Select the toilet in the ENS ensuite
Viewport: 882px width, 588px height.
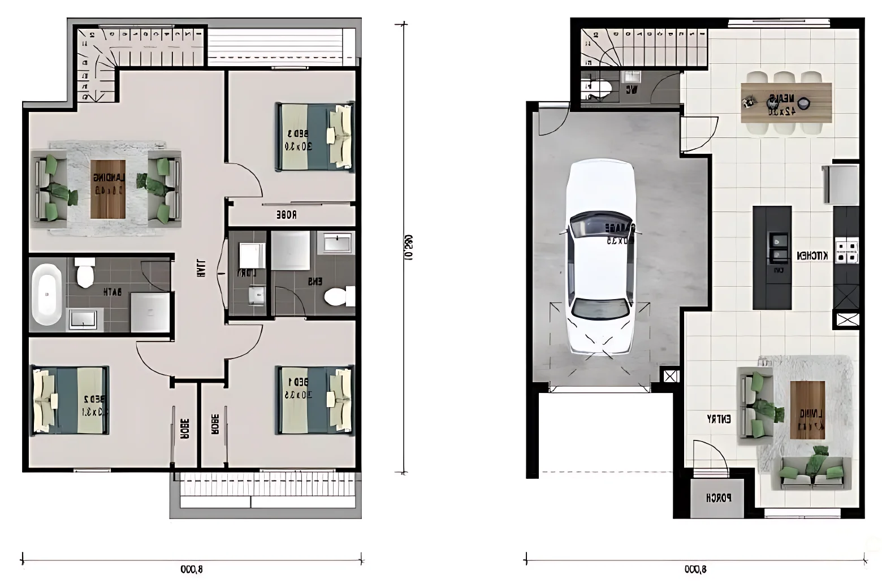pyautogui.click(x=337, y=296)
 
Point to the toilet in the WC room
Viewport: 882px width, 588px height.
pyautogui.click(x=600, y=89)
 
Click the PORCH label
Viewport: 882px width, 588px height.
pyautogui.click(x=719, y=498)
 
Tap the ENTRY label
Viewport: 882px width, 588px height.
pyautogui.click(x=719, y=419)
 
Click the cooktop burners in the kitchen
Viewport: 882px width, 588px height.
pyautogui.click(x=846, y=251)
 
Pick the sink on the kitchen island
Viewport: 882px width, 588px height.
pyautogui.click(x=778, y=248)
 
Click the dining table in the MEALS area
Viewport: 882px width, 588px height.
pyautogui.click(x=786, y=102)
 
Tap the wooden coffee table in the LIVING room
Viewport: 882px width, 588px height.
pyautogui.click(x=807, y=410)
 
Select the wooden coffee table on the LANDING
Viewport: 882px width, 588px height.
pyautogui.click(x=107, y=189)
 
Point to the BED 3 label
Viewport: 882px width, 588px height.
pyautogui.click(x=298, y=140)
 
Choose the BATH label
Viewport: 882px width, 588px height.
pyautogui.click(x=112, y=292)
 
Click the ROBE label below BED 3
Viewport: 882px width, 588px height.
pyautogui.click(x=286, y=215)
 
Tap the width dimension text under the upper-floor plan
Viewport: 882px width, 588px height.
pyautogui.click(x=192, y=569)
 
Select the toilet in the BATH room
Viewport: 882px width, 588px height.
pyautogui.click(x=85, y=273)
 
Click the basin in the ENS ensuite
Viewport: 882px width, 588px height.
pyautogui.click(x=338, y=243)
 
